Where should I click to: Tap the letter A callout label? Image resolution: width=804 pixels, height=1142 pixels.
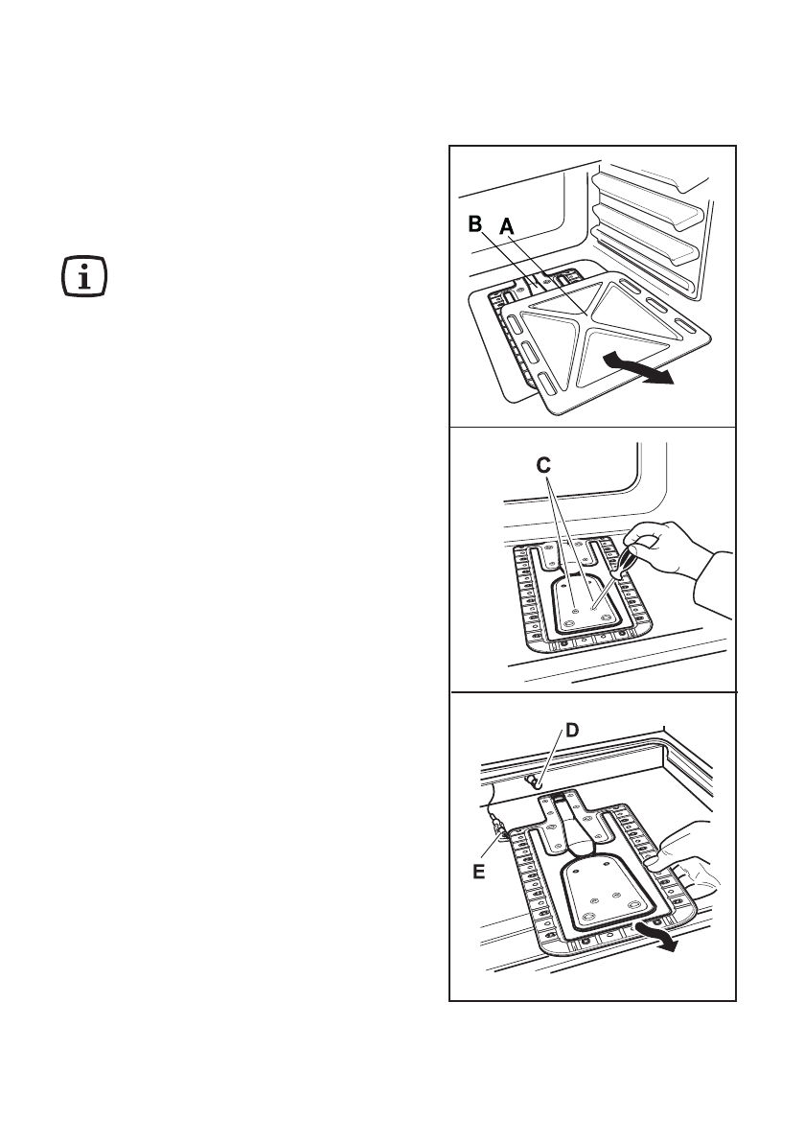pos(507,226)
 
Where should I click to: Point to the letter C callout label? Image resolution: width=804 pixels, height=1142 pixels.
pos(543,467)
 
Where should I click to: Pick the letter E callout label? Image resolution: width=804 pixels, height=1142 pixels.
pos(479,873)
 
